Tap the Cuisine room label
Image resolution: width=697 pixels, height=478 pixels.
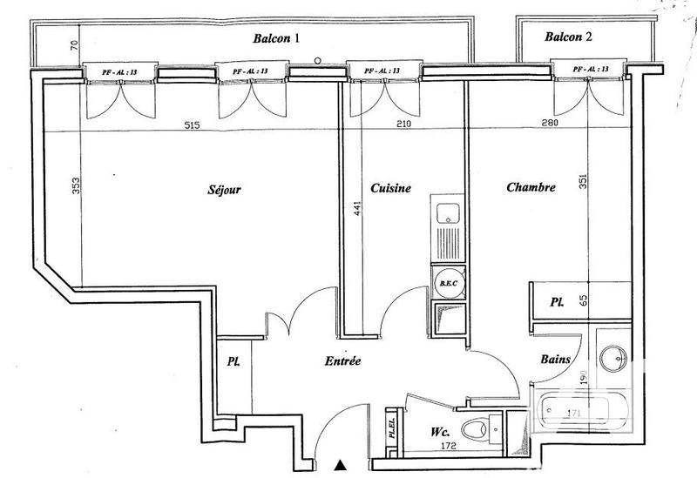pyautogui.click(x=390, y=188)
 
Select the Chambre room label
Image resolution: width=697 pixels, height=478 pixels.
pyautogui.click(x=529, y=186)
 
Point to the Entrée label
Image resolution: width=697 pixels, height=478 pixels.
pyautogui.click(x=342, y=361)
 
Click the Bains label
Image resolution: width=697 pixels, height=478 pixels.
pyautogui.click(x=555, y=358)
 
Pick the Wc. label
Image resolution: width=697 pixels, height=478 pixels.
pyautogui.click(x=442, y=430)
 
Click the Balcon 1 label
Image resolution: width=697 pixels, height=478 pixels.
pyautogui.click(x=276, y=38)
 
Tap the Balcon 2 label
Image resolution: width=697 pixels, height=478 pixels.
pyautogui.click(x=568, y=37)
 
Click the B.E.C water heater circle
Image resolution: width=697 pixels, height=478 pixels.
pyautogui.click(x=450, y=283)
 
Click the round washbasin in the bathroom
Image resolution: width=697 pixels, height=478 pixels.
pyautogui.click(x=613, y=357)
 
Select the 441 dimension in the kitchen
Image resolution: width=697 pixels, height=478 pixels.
pyautogui.click(x=355, y=207)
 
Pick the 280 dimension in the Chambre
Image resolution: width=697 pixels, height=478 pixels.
pyautogui.click(x=550, y=125)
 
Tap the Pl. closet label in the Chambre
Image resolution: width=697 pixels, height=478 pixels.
pyautogui.click(x=556, y=303)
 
